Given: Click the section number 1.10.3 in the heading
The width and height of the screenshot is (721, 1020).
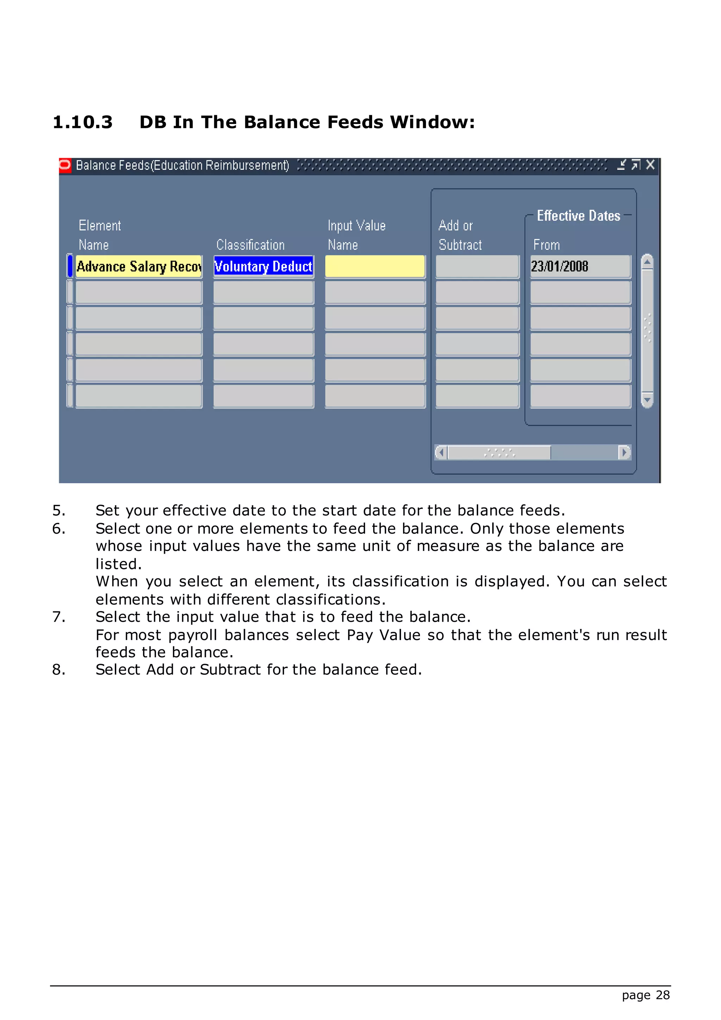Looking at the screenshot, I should point(83,122).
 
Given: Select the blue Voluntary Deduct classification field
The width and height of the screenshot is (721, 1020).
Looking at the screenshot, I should point(263,267).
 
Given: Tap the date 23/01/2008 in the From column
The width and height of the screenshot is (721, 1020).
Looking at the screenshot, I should point(559,267).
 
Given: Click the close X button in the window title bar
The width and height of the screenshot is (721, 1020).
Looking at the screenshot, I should point(650,165).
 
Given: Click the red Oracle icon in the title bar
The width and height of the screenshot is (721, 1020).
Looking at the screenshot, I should point(65,165).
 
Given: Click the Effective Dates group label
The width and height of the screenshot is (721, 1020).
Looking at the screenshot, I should point(578,216).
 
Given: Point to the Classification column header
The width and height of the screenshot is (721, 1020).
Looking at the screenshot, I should point(250,245).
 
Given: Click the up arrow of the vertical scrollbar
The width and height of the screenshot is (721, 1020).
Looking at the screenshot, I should point(647,262).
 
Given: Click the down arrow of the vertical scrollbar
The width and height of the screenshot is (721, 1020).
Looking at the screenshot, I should point(647,400).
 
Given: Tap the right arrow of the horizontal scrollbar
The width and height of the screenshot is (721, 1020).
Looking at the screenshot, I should point(624,452).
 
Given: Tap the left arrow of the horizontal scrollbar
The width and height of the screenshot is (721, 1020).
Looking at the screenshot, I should point(441,452).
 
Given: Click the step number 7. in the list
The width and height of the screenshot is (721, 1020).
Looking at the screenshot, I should point(58,617).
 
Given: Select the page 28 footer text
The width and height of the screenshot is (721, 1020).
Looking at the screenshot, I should point(646,995).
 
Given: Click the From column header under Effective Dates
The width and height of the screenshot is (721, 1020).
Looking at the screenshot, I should point(546,245).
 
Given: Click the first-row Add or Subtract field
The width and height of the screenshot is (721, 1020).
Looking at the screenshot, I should point(477,267).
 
